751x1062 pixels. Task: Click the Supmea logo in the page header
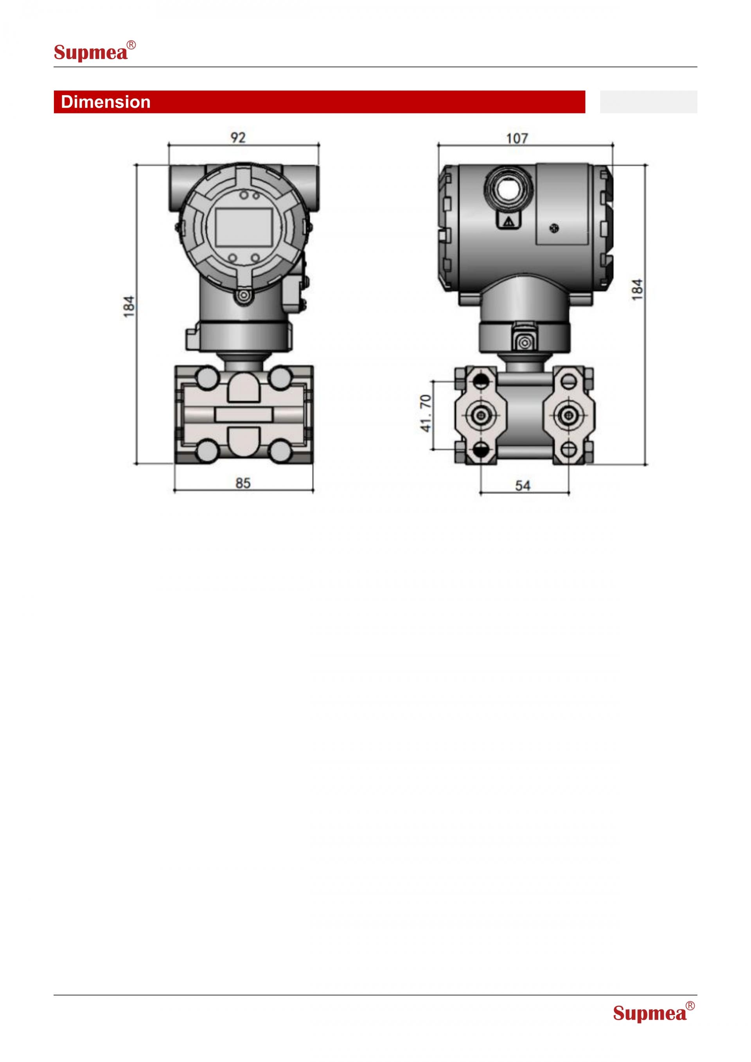tap(95, 51)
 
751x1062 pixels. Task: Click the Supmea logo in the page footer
tap(654, 1012)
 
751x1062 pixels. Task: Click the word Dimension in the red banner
tap(106, 102)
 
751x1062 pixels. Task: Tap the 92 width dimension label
tap(238, 137)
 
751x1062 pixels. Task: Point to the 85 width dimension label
tap(243, 483)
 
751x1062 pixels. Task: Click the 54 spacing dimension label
tap(523, 486)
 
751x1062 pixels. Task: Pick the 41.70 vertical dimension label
tap(426, 413)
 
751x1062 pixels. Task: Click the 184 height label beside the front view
tap(129, 306)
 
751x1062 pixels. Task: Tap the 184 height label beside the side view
tap(637, 289)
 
